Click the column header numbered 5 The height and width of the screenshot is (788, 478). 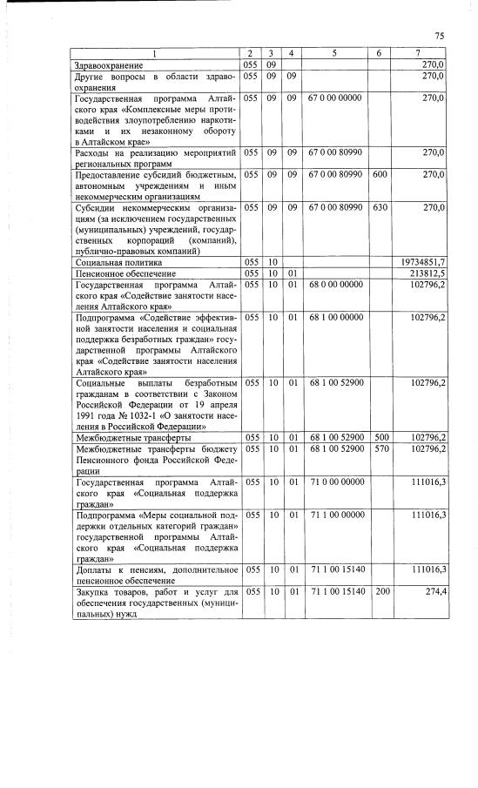pyautogui.click(x=335, y=53)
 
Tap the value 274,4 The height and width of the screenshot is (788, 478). pyautogui.click(x=434, y=591)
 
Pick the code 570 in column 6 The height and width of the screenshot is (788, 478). pyautogui.click(x=379, y=448)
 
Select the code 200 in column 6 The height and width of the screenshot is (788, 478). pyautogui.click(x=379, y=591)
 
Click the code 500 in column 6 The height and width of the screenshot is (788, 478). pyautogui.click(x=379, y=437)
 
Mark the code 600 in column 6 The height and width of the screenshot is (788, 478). pyautogui.click(x=379, y=175)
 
